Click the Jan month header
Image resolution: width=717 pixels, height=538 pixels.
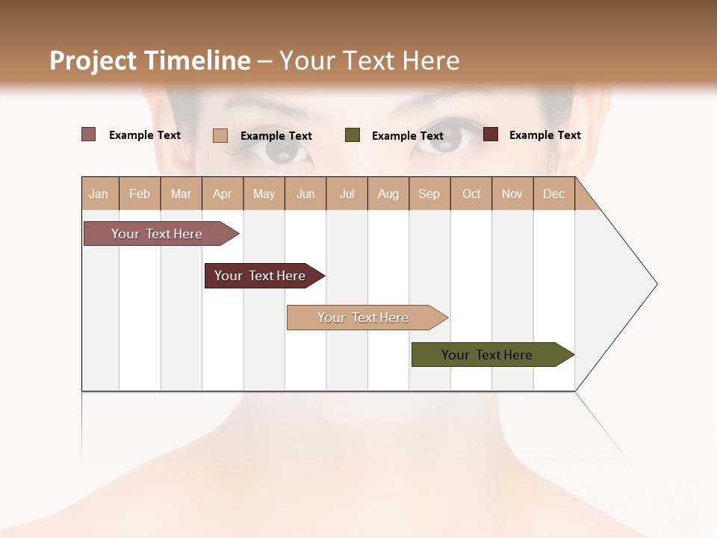[99, 194]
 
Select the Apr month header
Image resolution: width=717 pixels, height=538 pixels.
[223, 194]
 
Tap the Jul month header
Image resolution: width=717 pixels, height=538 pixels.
[347, 194]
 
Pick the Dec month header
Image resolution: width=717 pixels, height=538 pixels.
[553, 194]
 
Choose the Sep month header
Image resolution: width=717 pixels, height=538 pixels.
[429, 194]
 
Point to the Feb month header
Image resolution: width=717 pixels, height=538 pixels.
[140, 194]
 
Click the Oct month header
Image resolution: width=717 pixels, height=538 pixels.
[471, 194]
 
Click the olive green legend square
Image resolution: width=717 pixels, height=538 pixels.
[353, 135]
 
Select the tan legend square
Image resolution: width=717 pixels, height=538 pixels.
[220, 135]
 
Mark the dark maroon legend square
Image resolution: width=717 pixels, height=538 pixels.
[491, 134]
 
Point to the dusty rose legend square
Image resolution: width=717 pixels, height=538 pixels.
[89, 134]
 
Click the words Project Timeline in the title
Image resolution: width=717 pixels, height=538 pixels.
[149, 61]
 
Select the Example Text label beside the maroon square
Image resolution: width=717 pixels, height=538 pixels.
[544, 135]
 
